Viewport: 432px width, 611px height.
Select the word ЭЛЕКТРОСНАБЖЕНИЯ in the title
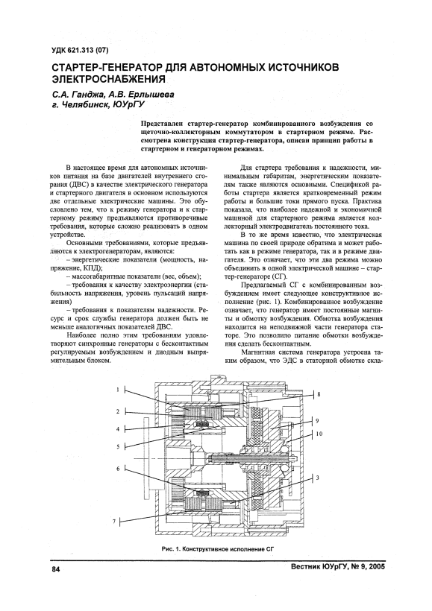click(x=107, y=79)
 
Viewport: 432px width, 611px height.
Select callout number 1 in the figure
click(x=117, y=389)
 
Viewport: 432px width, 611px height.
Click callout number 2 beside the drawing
click(x=117, y=411)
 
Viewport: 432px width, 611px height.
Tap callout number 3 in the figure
click(x=318, y=478)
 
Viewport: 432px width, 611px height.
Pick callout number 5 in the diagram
click(x=117, y=447)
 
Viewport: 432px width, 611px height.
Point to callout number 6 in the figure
click(x=118, y=469)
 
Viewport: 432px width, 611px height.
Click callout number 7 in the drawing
click(x=114, y=521)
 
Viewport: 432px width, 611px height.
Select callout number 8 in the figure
click(x=319, y=394)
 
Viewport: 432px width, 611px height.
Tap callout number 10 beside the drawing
click(x=319, y=434)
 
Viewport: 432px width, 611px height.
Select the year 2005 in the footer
click(x=377, y=566)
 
